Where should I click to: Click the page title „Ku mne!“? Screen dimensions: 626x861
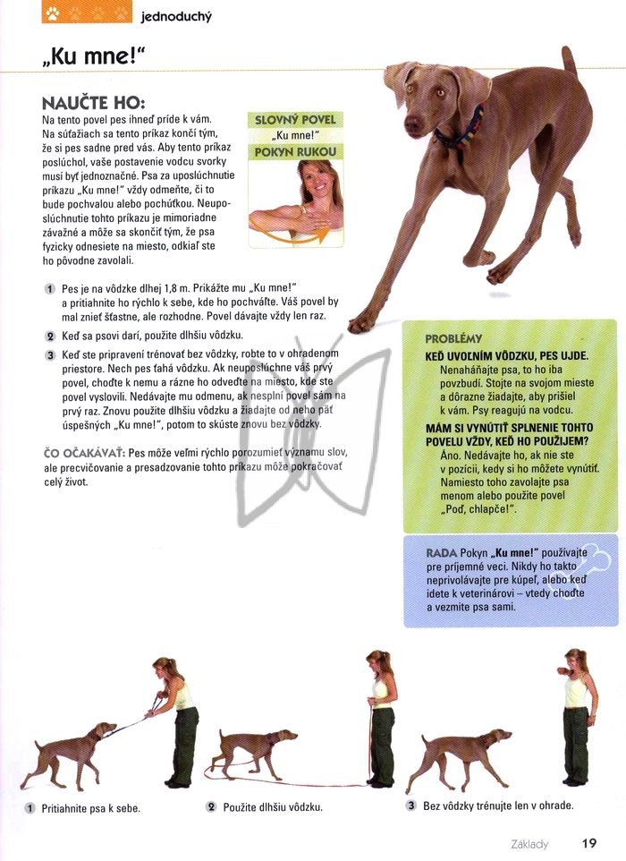click(x=93, y=55)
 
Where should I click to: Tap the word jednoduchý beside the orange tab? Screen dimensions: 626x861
click(x=176, y=16)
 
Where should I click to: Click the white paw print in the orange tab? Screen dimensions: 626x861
click(x=53, y=13)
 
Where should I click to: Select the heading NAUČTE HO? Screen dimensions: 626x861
click(x=93, y=103)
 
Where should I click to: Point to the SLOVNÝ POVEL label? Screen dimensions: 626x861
click(x=295, y=120)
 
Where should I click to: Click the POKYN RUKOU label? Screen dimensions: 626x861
click(x=295, y=152)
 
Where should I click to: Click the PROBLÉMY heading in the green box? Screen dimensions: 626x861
click(x=453, y=339)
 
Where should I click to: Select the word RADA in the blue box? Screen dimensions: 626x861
click(x=441, y=553)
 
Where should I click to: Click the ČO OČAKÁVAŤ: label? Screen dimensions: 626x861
click(x=84, y=454)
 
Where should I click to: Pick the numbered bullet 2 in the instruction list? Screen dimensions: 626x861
click(x=50, y=336)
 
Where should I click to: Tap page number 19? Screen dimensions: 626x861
click(x=589, y=843)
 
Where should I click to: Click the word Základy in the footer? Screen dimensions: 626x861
click(x=529, y=844)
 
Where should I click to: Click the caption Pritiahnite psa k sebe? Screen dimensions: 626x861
click(x=90, y=808)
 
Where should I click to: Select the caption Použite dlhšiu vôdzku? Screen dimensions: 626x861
click(x=273, y=807)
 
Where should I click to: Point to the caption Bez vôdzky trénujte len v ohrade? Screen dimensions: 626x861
click(x=498, y=806)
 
